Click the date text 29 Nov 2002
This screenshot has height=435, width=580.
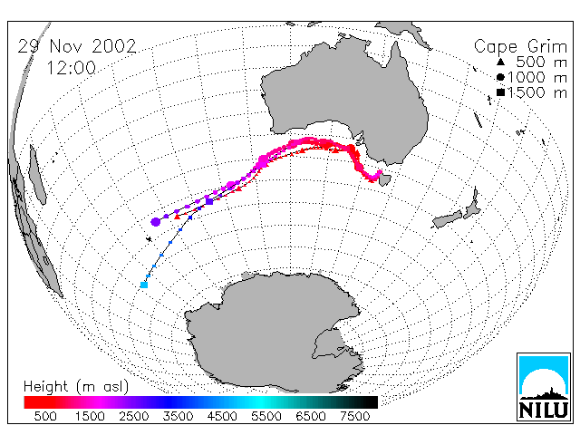pyautogui.click(x=77, y=46)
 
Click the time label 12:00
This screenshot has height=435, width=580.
pyautogui.click(x=71, y=68)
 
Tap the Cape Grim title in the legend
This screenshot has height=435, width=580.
pyautogui.click(x=520, y=47)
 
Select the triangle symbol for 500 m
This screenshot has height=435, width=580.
pyautogui.click(x=500, y=62)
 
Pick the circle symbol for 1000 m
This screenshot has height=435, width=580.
pyautogui.click(x=500, y=77)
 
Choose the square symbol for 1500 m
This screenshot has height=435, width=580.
pyautogui.click(x=500, y=92)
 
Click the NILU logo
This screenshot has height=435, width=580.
pyautogui.click(x=544, y=387)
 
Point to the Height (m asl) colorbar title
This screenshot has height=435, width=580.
pyautogui.click(x=76, y=387)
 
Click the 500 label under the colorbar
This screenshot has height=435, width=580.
pyautogui.click(x=45, y=417)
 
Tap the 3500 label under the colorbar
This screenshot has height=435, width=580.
pyautogui.click(x=178, y=417)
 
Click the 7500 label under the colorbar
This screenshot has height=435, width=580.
pyautogui.click(x=354, y=417)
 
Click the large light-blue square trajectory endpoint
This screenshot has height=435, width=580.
pyautogui.click(x=144, y=285)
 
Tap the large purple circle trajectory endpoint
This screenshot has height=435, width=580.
pyautogui.click(x=156, y=222)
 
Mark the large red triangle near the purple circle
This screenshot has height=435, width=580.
pyautogui.click(x=178, y=217)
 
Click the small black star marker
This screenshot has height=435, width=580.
pyautogui.click(x=149, y=239)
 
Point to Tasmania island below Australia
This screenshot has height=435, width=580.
pyautogui.click(x=384, y=180)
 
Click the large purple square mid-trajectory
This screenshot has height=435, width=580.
pyautogui.click(x=209, y=201)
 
